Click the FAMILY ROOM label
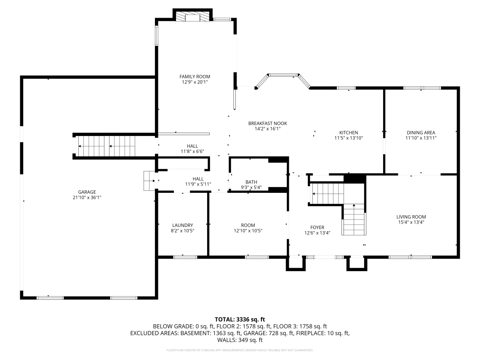click(195, 77)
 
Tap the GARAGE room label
click(87, 192)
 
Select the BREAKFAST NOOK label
click(267, 123)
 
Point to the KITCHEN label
click(348, 133)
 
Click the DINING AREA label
click(421, 133)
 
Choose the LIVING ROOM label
click(411, 217)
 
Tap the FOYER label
click(317, 227)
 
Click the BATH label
click(251, 182)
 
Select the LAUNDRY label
click(182, 225)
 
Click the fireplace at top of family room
click(193, 17)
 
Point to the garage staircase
click(107, 146)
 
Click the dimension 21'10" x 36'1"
click(87, 197)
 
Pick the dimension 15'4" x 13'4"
click(411, 222)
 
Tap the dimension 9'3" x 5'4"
click(251, 187)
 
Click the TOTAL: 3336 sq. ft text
click(240, 320)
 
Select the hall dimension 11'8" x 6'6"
click(192, 151)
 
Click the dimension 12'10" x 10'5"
click(248, 230)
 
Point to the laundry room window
click(185, 257)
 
